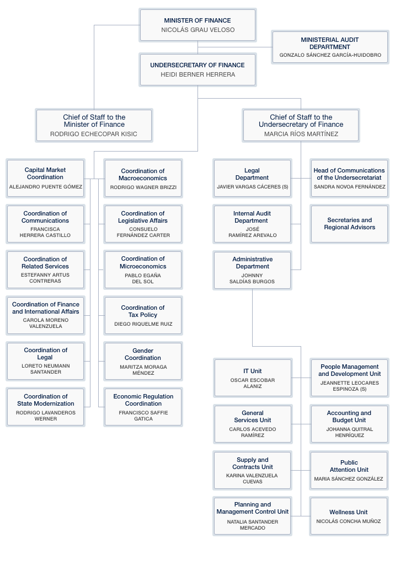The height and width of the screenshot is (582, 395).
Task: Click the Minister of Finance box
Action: pyautogui.click(x=197, y=25)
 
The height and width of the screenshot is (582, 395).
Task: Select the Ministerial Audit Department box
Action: pyautogui.click(x=330, y=47)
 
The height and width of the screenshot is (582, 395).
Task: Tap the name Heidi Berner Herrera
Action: pyautogui.click(x=197, y=74)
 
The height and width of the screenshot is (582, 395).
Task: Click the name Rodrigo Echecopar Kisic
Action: pyautogui.click(x=94, y=134)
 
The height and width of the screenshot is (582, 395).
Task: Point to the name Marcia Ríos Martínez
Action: pyautogui.click(x=301, y=134)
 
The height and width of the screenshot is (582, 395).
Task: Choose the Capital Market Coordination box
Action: pyautogui.click(x=45, y=178)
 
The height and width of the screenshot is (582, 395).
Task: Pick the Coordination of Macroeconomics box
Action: pyautogui.click(x=143, y=178)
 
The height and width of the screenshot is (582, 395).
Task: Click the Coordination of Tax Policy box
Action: pyautogui.click(x=143, y=315)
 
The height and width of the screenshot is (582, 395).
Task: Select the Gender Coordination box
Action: pyautogui.click(x=143, y=360)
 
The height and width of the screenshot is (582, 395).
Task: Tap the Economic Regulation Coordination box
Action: pyautogui.click(x=143, y=406)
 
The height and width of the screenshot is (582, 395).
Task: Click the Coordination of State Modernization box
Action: pyautogui.click(x=45, y=406)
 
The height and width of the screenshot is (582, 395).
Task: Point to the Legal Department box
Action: pyautogui.click(x=252, y=178)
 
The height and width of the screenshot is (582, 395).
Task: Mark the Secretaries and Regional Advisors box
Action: pyautogui.click(x=350, y=224)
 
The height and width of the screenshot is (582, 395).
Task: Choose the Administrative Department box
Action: pyautogui.click(x=252, y=270)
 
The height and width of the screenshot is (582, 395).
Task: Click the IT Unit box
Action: pyautogui.click(x=253, y=378)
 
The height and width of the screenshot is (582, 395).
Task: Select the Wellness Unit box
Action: pyautogui.click(x=349, y=516)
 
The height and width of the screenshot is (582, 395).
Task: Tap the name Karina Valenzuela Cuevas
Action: pyautogui.click(x=252, y=478)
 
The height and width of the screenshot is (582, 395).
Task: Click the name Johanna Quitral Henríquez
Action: pyautogui.click(x=349, y=432)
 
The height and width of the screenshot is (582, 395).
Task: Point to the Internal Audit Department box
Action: pyautogui.click(x=252, y=224)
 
